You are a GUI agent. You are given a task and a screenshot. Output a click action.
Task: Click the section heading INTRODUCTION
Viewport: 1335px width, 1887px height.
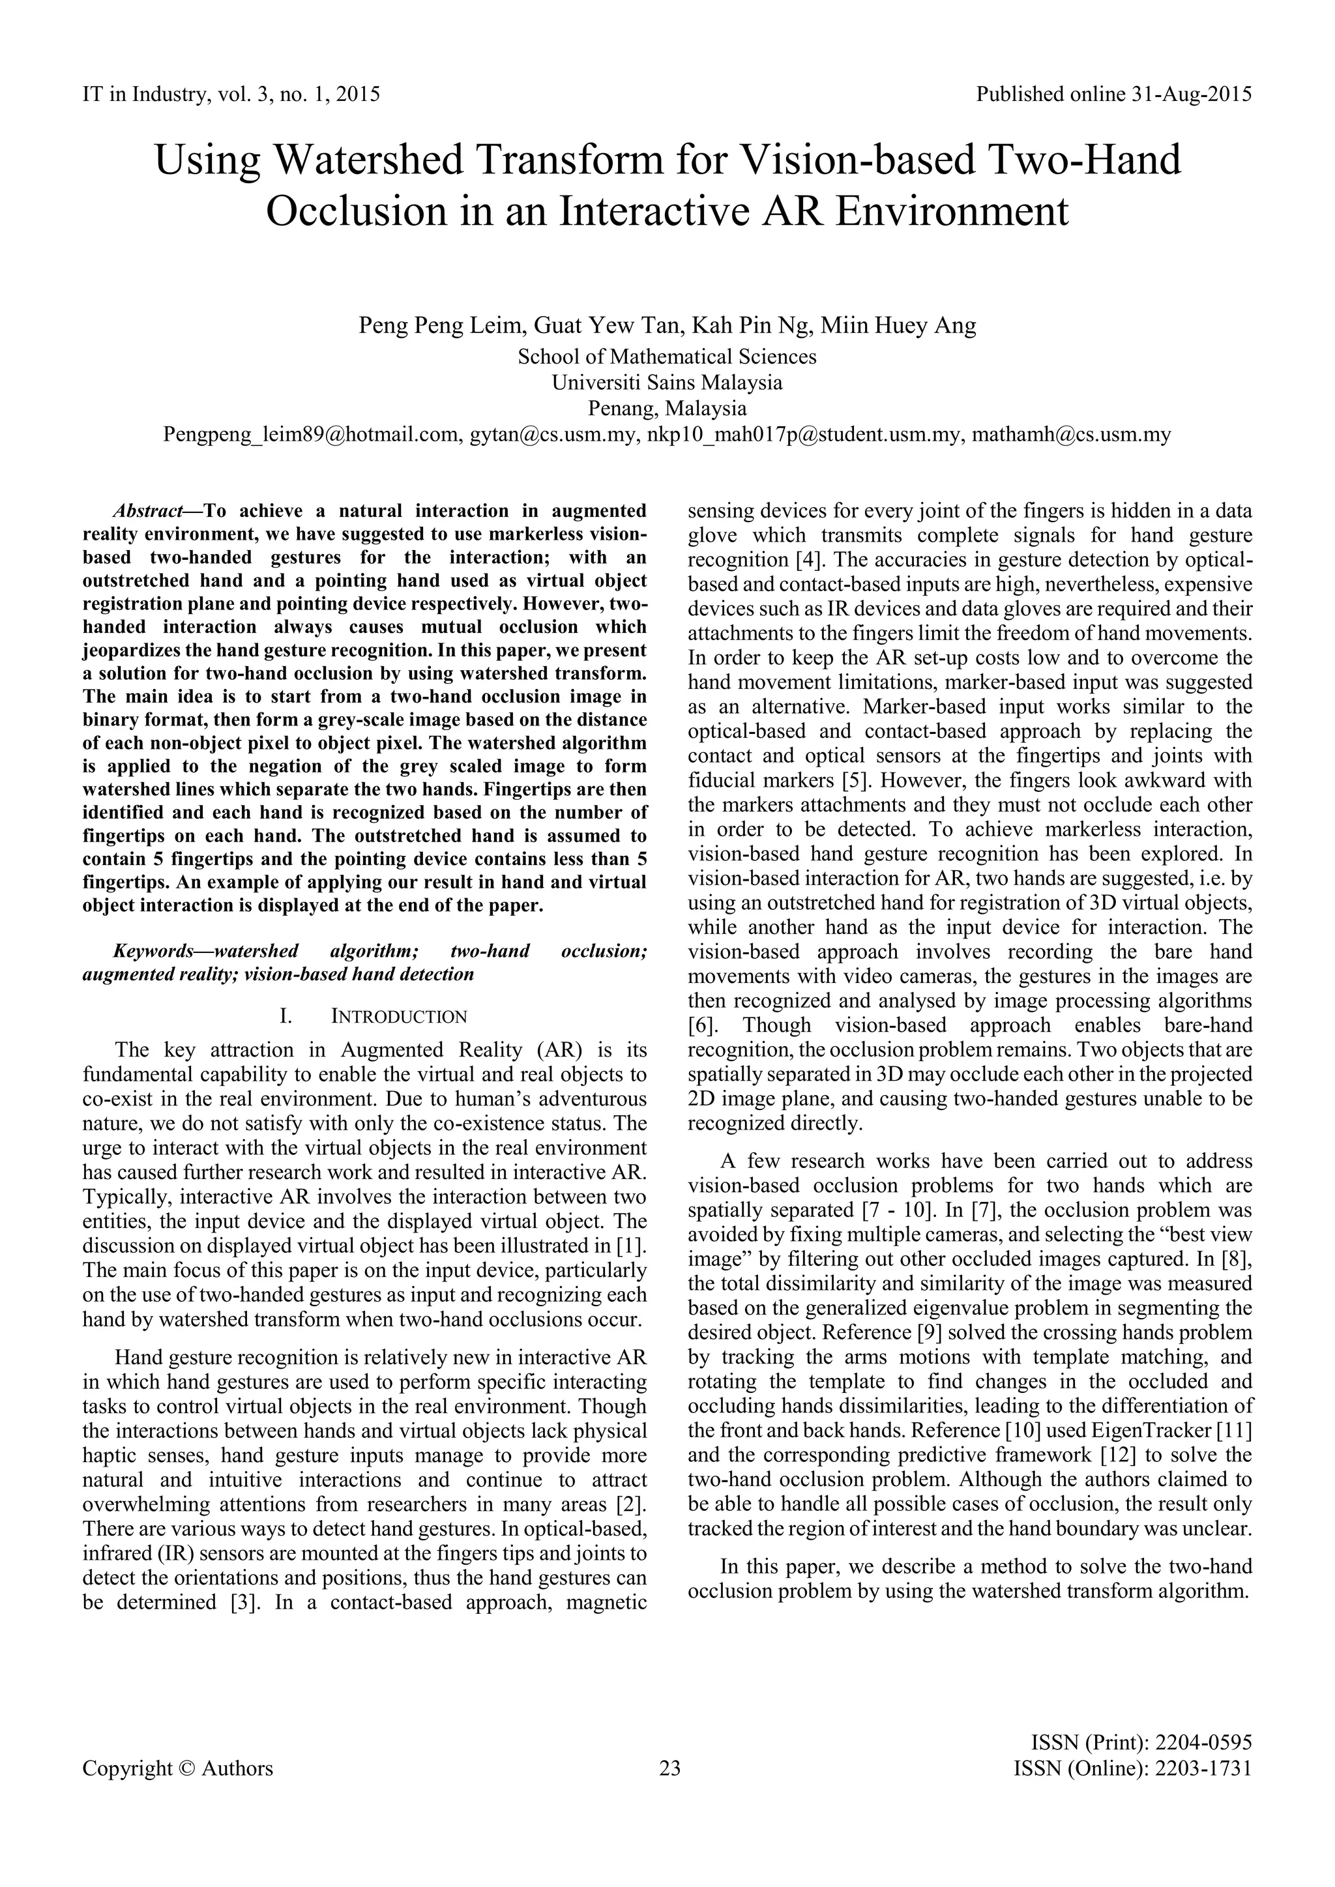(399, 1017)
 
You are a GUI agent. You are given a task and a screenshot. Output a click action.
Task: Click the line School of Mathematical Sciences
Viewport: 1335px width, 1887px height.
(667, 357)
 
